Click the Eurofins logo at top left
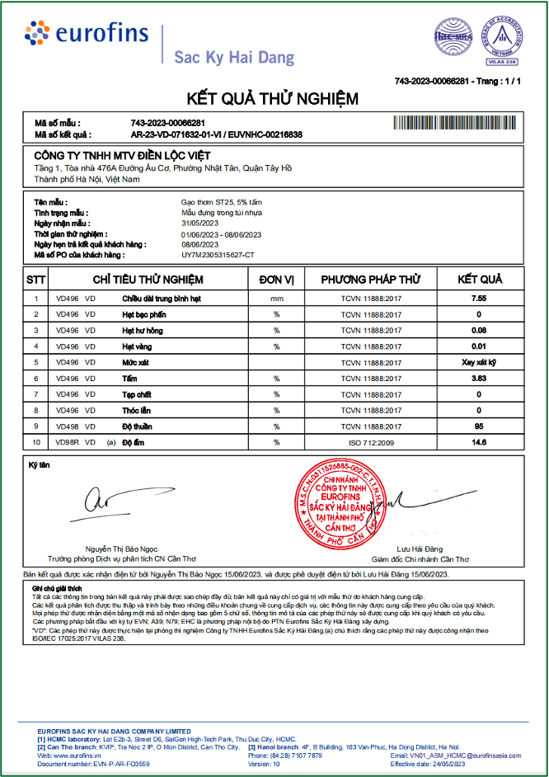(x=87, y=34)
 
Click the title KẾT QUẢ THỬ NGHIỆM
(x=274, y=100)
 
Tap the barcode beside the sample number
(x=458, y=123)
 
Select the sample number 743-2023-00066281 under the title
(x=167, y=123)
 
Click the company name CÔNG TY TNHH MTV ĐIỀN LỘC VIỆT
(x=122, y=156)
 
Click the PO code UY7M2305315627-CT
(x=218, y=255)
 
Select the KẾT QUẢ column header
(x=479, y=279)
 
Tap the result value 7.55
(x=479, y=298)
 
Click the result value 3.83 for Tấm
(x=479, y=378)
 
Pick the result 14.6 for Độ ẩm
(x=479, y=442)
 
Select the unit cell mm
(x=277, y=298)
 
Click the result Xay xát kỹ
(x=479, y=362)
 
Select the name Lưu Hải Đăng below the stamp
(x=420, y=549)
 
